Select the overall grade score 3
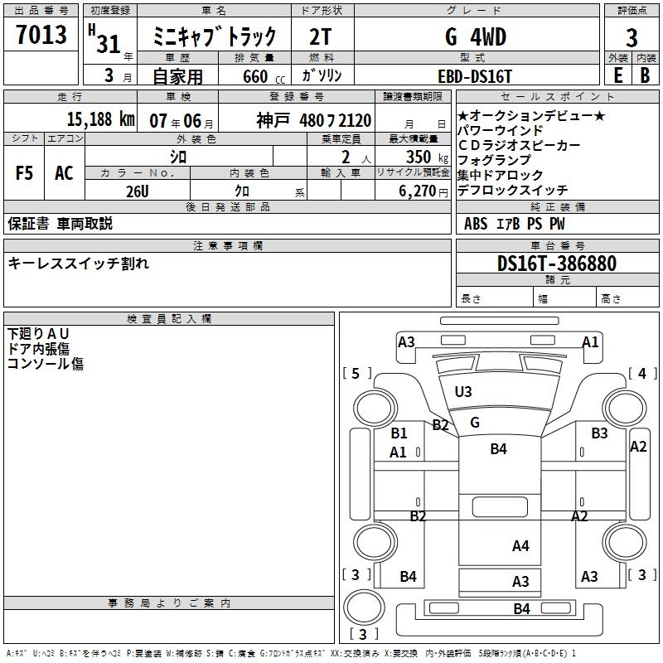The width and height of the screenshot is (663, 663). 632,38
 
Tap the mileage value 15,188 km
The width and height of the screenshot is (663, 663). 100,119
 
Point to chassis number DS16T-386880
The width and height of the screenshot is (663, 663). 557,264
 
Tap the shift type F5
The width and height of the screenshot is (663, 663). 25,173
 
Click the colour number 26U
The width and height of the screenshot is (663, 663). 137,191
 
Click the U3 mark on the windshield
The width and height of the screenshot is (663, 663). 462,391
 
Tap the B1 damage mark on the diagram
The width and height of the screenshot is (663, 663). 399,433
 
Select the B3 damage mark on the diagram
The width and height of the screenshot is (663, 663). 599,433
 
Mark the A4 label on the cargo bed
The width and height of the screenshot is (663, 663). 520,545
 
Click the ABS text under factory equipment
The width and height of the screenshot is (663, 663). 476,223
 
